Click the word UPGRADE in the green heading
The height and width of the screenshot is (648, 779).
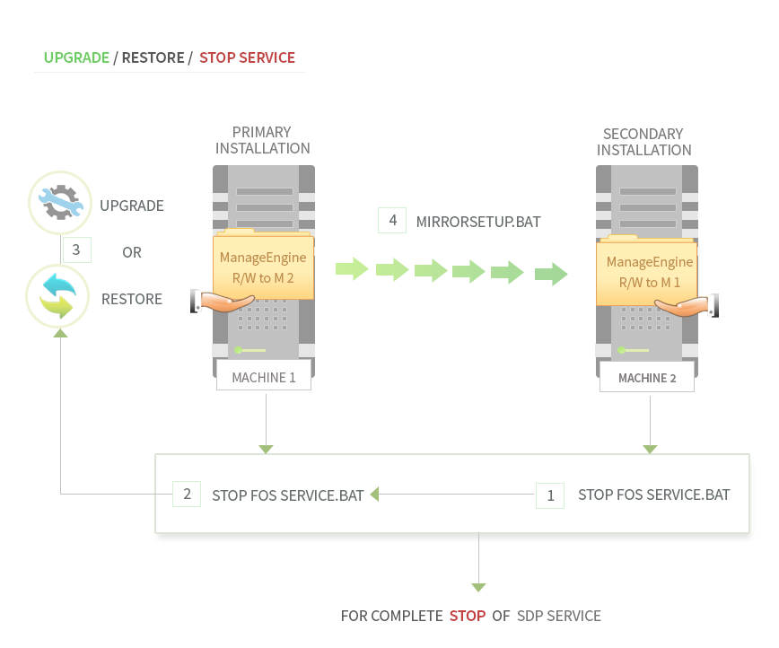pyautogui.click(x=76, y=57)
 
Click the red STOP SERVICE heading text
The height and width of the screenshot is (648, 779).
pyautogui.click(x=247, y=57)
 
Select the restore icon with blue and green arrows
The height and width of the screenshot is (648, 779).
pyautogui.click(x=58, y=297)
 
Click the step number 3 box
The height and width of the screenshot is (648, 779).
pyautogui.click(x=76, y=250)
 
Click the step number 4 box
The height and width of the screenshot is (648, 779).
pyautogui.click(x=391, y=220)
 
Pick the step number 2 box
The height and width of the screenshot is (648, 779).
pyautogui.click(x=187, y=494)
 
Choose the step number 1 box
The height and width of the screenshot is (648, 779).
pyautogui.click(x=550, y=495)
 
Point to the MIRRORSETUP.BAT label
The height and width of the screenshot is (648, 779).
pyautogui.click(x=478, y=221)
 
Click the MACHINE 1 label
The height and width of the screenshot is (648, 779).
pyautogui.click(x=264, y=377)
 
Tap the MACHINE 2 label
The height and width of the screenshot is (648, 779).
pyautogui.click(x=647, y=378)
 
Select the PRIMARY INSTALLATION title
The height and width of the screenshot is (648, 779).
pyautogui.click(x=262, y=141)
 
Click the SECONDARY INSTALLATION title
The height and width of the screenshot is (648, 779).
pyautogui.click(x=643, y=142)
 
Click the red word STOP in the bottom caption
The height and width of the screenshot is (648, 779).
pyautogui.click(x=468, y=617)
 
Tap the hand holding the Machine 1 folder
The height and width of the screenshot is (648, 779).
pyautogui.click(x=218, y=302)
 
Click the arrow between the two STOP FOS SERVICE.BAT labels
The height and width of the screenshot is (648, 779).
pyautogui.click(x=375, y=494)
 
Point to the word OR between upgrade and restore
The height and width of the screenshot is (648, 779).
pyautogui.click(x=132, y=253)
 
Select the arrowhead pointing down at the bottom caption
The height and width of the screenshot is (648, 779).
pyautogui.click(x=478, y=587)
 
